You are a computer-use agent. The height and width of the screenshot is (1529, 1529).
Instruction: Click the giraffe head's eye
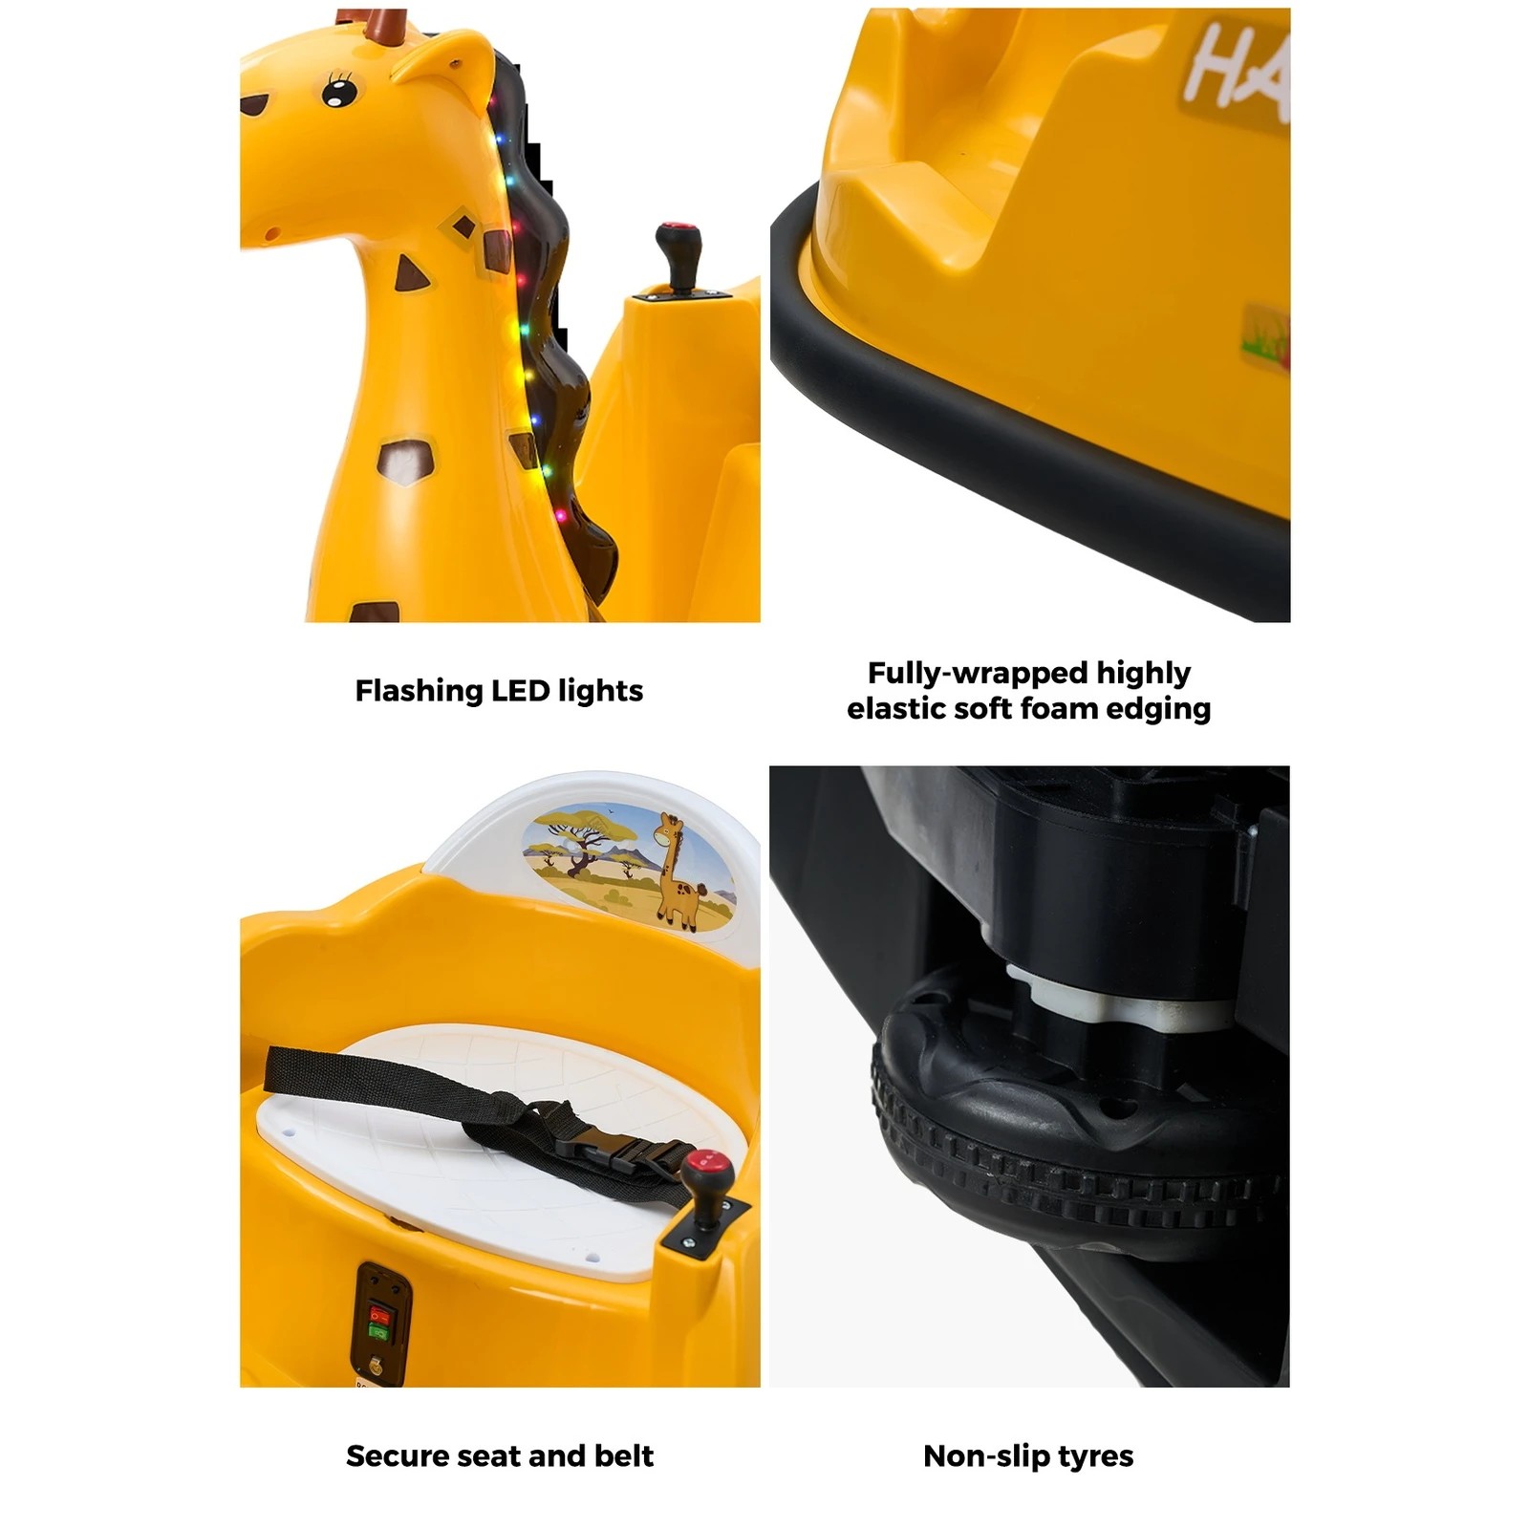pos(339,93)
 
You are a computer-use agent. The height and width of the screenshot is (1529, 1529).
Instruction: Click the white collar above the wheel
pos(1118,1003)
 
